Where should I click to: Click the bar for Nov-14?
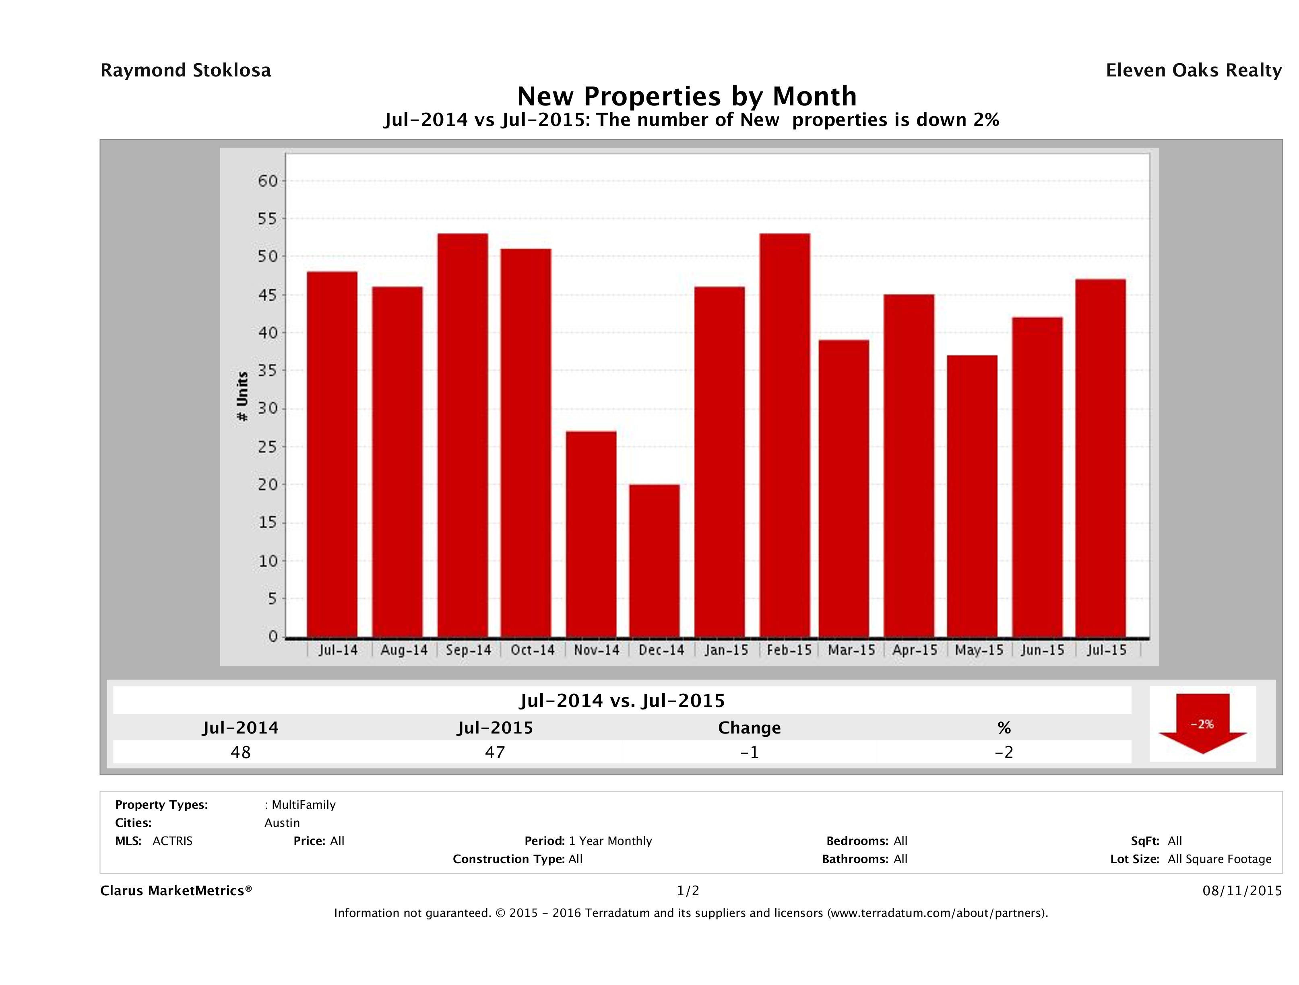[x=591, y=534]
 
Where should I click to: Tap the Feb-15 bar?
[x=785, y=435]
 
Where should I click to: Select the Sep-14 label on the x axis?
[x=468, y=650]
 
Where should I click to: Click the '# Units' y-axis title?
[x=242, y=397]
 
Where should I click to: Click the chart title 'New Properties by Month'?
[x=686, y=96]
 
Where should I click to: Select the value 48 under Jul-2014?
[x=241, y=752]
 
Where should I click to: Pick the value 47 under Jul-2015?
[x=495, y=752]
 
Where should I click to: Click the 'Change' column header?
[x=750, y=728]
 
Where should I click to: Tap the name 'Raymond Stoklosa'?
[x=186, y=70]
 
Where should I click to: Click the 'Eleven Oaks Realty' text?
[x=1193, y=70]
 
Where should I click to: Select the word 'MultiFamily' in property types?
[x=303, y=805]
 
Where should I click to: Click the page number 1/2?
[x=688, y=891]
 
